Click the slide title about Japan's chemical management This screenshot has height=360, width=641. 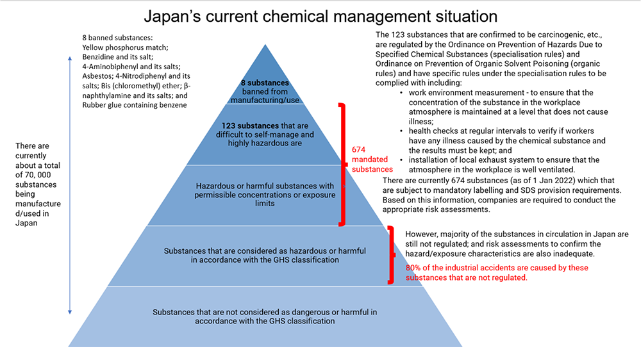[320, 16]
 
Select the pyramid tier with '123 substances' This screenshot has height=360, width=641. [265, 134]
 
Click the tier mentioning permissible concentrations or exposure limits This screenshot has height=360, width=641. [265, 194]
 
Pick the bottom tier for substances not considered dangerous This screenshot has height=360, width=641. [265, 316]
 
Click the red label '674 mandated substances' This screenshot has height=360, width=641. [372, 159]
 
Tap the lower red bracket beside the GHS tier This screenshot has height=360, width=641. [390, 254]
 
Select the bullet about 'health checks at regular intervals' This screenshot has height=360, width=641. [500, 140]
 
